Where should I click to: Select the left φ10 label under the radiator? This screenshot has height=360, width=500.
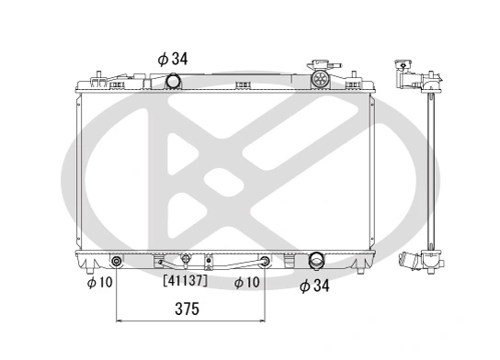99,283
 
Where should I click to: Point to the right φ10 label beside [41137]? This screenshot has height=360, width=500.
245,283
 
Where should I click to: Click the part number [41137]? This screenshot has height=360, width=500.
185,281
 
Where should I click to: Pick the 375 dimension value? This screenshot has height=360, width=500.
187,309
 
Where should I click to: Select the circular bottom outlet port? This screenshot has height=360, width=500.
315,260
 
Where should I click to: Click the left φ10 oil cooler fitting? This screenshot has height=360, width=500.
115,262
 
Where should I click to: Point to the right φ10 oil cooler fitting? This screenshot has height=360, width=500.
265,262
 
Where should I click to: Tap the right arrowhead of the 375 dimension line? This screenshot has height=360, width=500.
261,322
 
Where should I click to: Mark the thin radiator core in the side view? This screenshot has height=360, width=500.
430,165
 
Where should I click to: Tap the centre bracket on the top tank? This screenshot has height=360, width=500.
244,86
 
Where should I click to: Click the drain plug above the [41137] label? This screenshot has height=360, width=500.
185,260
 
